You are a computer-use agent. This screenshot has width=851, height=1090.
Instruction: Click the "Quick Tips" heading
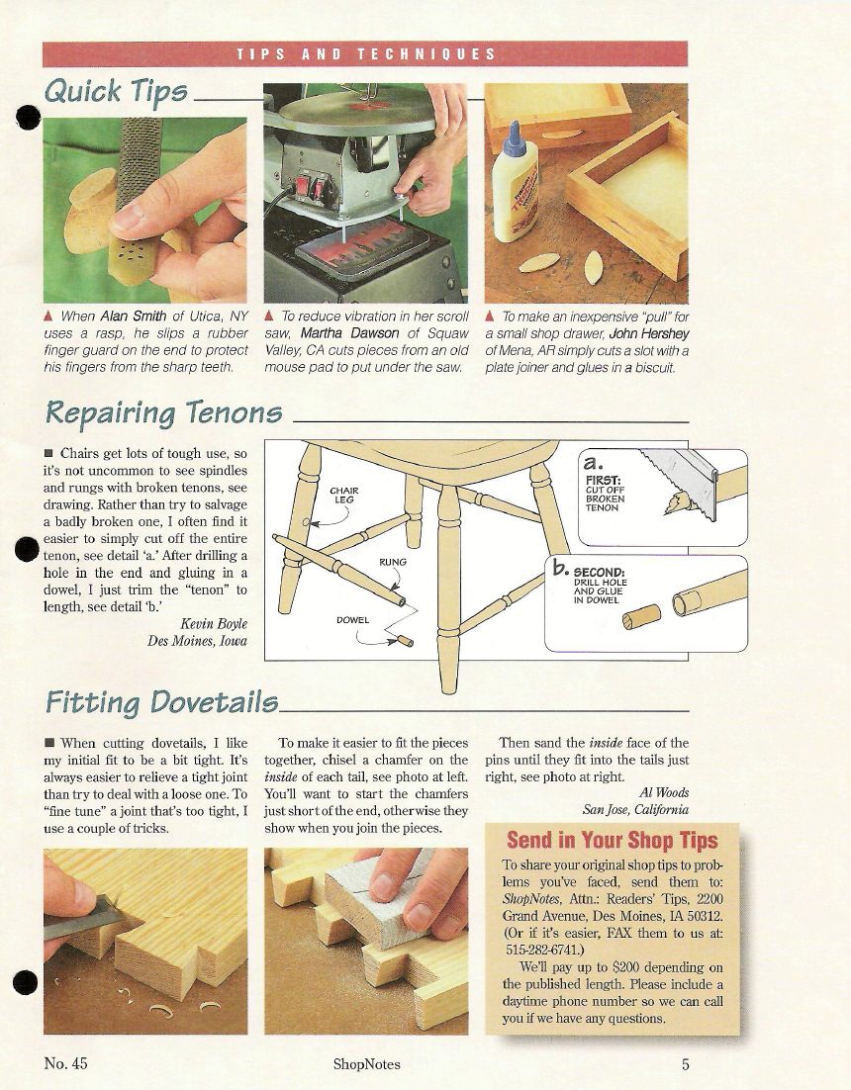(x=116, y=92)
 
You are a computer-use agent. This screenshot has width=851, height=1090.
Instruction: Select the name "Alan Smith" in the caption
(x=134, y=317)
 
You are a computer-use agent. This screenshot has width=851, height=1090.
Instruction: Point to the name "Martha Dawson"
(x=349, y=333)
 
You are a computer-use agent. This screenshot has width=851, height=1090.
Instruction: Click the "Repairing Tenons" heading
(x=163, y=412)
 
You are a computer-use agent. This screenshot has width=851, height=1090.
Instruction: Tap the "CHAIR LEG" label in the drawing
(x=344, y=495)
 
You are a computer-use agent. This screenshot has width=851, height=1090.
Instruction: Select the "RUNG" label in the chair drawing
(x=393, y=562)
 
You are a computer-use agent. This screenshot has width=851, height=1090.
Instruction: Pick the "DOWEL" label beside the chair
(x=352, y=620)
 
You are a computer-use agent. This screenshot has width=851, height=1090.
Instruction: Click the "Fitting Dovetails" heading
(x=161, y=702)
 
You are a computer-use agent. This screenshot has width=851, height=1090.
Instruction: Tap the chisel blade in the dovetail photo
(x=82, y=916)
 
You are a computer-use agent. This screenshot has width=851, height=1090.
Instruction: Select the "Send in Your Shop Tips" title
(x=612, y=841)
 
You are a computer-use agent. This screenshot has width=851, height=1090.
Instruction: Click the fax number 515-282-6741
(x=540, y=950)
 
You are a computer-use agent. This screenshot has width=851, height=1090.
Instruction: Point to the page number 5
(x=685, y=1064)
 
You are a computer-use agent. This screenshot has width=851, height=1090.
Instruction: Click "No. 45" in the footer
(x=65, y=1063)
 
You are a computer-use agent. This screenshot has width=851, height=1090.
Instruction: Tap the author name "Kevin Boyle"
(x=214, y=623)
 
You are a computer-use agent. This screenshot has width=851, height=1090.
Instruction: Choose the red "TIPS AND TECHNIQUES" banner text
(x=366, y=54)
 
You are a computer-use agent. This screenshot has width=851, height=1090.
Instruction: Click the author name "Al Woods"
(x=664, y=792)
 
